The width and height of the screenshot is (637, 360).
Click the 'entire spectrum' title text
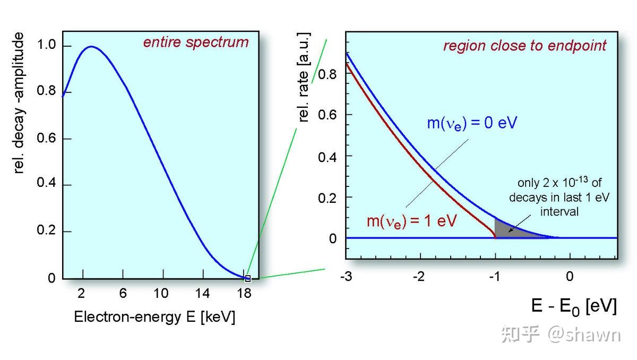196,42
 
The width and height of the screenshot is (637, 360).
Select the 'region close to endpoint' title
524,46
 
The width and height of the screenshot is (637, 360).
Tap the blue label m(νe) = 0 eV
472,123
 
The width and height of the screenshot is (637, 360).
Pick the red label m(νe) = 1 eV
412,221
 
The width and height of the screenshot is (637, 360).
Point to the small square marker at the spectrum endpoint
248,278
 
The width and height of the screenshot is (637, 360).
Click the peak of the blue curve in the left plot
91,46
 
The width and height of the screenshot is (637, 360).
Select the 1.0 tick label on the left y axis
46,45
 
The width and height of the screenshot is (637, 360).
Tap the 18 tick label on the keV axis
244,293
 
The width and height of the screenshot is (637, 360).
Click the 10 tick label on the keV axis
161,293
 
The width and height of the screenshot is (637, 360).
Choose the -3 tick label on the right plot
346,276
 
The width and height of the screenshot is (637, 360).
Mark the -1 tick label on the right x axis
495,276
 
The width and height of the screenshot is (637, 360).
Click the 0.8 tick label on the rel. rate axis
327,74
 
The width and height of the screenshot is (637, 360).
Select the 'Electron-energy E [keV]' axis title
154,317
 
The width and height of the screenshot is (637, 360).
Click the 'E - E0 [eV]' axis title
574,307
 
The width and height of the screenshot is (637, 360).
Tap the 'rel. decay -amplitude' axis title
19,102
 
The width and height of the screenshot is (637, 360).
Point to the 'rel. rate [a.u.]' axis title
304,77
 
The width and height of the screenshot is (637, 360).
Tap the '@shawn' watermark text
584,335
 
